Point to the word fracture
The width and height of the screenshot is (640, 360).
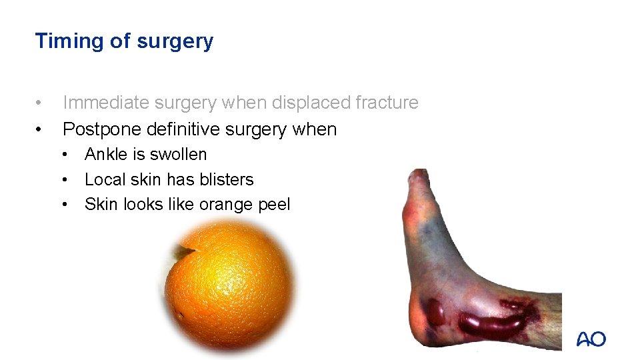coord(387,103)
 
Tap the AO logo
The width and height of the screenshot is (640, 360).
coord(591,339)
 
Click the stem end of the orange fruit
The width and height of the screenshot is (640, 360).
coord(181,251)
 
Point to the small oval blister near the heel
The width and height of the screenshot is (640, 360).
coord(435,312)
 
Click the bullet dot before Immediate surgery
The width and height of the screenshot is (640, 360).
coord(40,103)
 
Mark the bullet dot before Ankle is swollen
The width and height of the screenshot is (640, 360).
coord(67,155)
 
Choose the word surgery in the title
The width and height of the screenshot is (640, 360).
coord(175,41)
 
